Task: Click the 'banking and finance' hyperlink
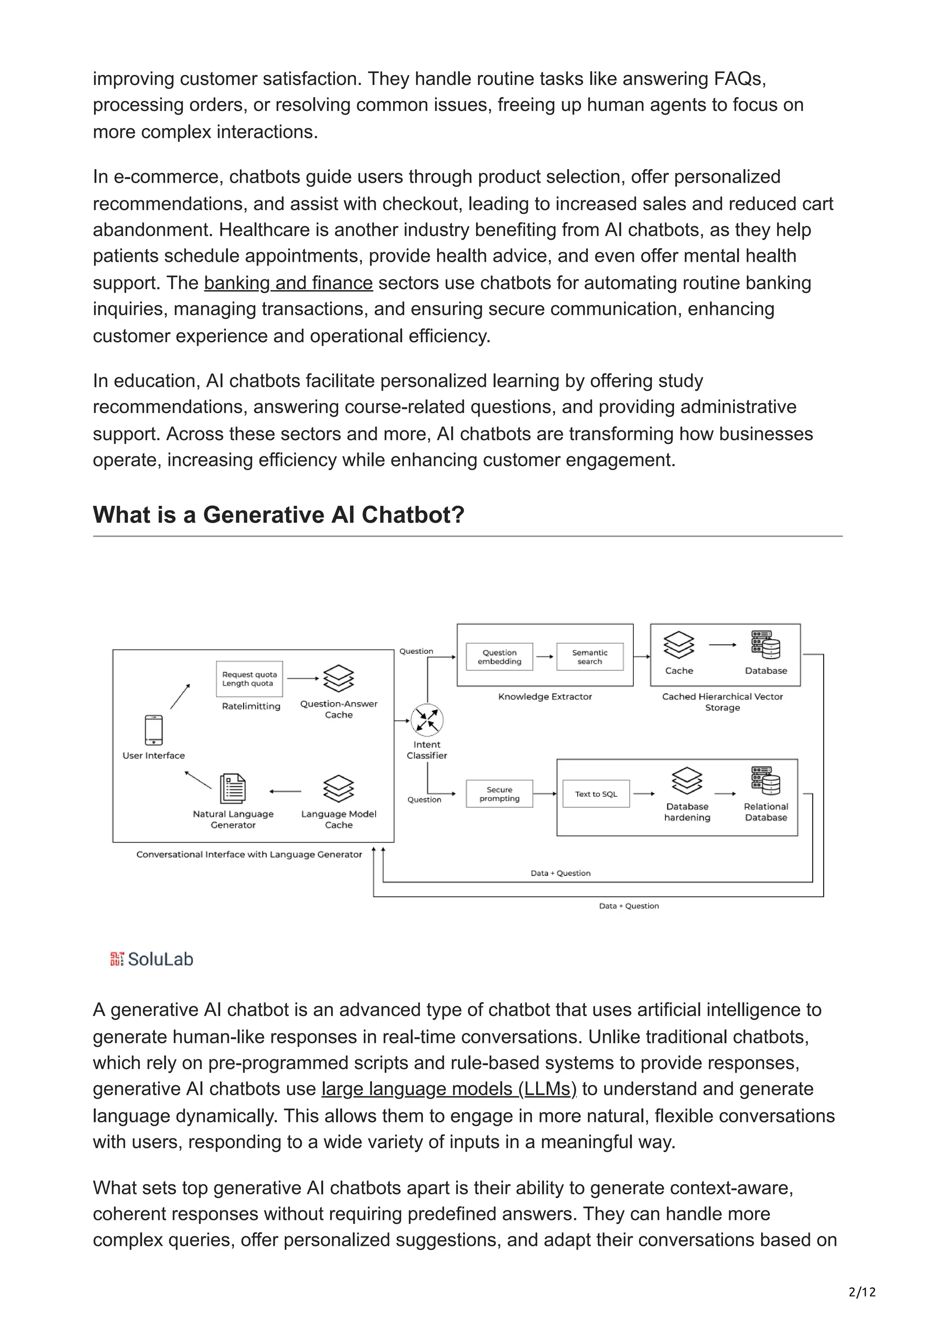pos(288,283)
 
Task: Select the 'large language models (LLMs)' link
pos(449,1089)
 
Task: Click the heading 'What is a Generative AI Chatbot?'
pos(278,514)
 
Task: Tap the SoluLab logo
pos(152,959)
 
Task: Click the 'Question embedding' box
pos(499,657)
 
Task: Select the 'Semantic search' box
pos(590,657)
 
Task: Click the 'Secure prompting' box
pos(499,794)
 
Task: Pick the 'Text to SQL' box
pos(596,794)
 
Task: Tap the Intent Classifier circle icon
pos(427,720)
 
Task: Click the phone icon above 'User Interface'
pos(154,730)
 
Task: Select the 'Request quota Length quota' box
pos(249,679)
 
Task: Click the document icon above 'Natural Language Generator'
pos(233,788)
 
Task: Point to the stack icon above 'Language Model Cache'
pos(339,788)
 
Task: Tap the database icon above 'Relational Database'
pos(765,780)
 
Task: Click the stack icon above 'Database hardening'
pos(687,780)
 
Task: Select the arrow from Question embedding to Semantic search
pos(544,657)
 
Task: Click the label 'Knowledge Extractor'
pos(545,697)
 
